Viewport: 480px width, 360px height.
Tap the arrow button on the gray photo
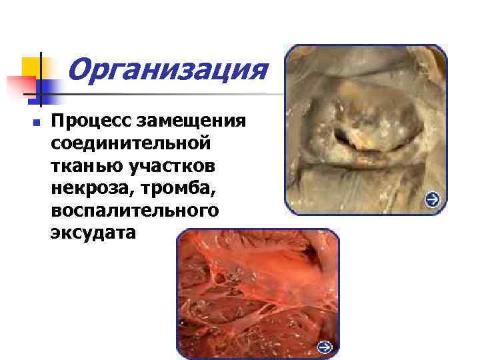point(432,199)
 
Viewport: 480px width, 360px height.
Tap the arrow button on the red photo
point(324,347)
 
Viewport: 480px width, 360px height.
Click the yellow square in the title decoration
point(31,67)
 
